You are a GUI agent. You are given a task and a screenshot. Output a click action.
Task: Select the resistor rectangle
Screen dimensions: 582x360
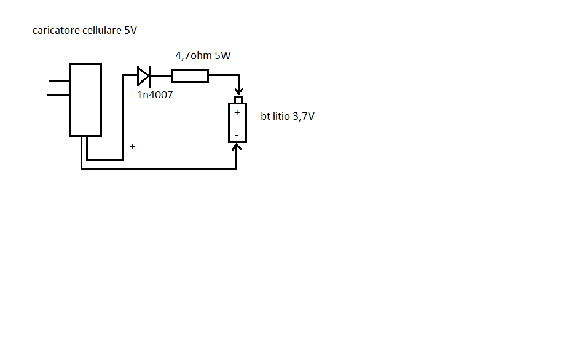190,76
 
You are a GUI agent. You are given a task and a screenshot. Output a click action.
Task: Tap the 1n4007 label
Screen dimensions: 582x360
155,95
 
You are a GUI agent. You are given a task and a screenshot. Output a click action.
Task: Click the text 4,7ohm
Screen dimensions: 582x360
194,55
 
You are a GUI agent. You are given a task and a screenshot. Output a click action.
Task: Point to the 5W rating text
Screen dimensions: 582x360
222,55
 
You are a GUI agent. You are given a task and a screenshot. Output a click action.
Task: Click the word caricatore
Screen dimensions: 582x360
56,31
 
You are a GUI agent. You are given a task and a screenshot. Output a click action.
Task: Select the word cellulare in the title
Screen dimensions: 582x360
102,30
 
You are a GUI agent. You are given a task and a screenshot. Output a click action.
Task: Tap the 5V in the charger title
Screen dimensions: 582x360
131,30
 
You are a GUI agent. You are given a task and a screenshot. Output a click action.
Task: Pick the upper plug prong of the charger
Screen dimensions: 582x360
59,80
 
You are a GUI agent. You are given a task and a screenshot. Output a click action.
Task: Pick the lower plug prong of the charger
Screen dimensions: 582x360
58,95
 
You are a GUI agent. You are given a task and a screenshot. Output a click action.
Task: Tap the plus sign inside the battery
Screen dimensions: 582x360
237,112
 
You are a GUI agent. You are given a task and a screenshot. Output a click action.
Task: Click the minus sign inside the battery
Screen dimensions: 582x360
237,136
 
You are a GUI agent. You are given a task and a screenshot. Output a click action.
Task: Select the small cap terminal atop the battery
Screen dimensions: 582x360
238,100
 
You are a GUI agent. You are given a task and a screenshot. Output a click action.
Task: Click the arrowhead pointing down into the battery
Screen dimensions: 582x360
239,91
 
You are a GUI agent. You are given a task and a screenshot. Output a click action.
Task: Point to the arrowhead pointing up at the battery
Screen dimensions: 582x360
237,146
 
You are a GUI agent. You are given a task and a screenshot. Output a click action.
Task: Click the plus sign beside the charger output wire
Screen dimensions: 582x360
133,147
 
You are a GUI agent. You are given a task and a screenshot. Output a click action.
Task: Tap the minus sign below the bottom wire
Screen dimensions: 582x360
136,178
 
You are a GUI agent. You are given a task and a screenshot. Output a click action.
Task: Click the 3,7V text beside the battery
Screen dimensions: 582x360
304,117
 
